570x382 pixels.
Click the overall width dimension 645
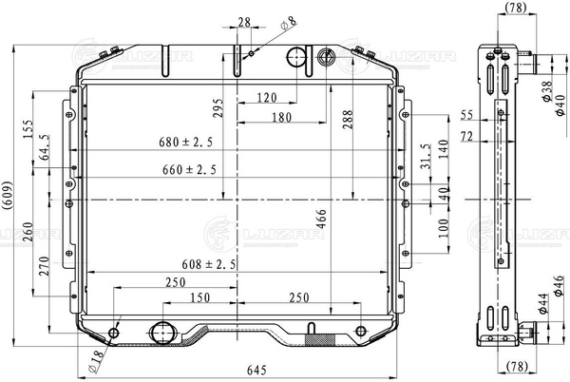coord(256,371)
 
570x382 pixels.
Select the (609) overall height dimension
coord(7,195)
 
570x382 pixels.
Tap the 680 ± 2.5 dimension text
coord(186,142)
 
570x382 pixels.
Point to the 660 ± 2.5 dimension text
coord(189,169)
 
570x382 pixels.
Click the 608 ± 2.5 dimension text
coord(209,264)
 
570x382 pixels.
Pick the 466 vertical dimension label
coord(321,219)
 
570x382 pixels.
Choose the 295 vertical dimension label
coord(218,108)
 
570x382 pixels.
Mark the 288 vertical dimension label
coord(348,120)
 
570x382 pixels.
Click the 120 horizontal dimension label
coord(267,98)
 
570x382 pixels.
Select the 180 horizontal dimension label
coord(282,117)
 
